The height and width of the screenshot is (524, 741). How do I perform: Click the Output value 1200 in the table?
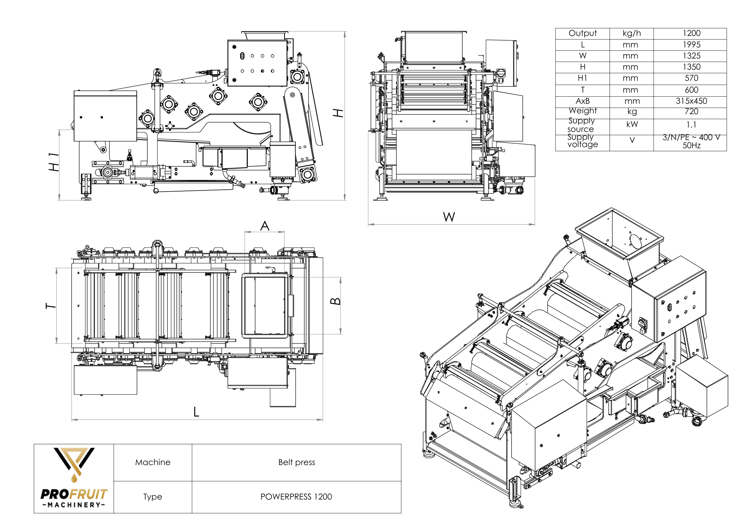(691, 33)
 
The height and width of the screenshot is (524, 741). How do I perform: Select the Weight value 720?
(691, 112)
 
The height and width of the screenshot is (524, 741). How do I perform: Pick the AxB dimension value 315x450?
(691, 101)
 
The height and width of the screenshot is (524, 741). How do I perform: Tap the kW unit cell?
(632, 125)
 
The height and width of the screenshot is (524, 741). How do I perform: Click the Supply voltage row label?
(582, 141)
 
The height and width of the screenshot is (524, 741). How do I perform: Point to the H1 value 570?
(691, 78)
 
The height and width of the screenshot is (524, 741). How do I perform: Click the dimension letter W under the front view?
(449, 217)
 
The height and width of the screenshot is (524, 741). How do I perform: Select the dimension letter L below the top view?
(196, 412)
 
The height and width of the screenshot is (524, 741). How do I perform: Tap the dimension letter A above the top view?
(265, 226)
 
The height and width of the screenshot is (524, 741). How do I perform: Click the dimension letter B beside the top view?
(335, 301)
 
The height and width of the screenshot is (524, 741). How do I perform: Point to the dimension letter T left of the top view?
(51, 306)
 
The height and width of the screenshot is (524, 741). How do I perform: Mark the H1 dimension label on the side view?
(54, 162)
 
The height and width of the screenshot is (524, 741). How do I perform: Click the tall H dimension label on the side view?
(338, 113)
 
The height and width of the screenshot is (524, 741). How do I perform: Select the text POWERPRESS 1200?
(296, 497)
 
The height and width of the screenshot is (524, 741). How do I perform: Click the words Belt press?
(296, 462)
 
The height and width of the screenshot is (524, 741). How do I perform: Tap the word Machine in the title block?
(153, 462)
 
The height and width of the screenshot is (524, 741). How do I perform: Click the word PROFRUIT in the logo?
(74, 494)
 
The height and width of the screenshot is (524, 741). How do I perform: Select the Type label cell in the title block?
(153, 497)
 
